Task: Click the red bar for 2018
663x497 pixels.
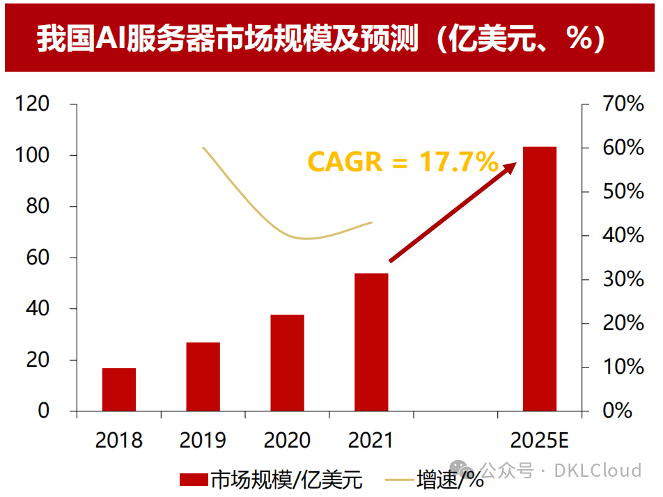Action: click(x=119, y=389)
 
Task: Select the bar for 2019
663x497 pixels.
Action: click(x=203, y=377)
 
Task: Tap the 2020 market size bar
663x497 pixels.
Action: click(x=288, y=363)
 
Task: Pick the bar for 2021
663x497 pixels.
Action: click(x=371, y=342)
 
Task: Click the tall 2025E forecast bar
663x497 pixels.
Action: click(x=540, y=278)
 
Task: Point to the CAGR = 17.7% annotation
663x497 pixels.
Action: click(x=403, y=162)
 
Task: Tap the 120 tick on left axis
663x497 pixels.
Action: click(x=33, y=104)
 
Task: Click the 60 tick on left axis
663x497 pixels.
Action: click(x=38, y=258)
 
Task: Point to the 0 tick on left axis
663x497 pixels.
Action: click(x=43, y=411)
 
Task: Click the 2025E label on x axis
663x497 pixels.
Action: click(x=540, y=441)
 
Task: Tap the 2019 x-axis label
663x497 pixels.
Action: click(x=203, y=441)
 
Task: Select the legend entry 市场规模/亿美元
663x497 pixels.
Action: click(x=272, y=480)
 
